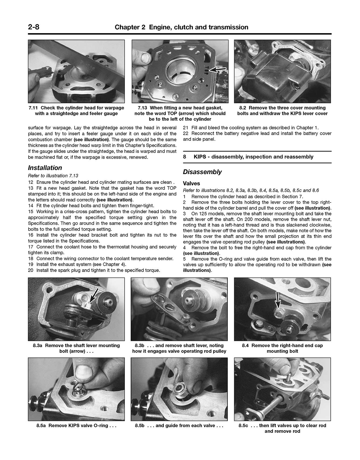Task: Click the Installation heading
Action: (45, 168)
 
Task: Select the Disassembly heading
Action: (202, 172)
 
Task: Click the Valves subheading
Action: (191, 184)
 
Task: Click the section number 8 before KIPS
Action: (185, 157)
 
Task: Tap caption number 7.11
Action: (33, 108)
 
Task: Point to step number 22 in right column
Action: (185, 134)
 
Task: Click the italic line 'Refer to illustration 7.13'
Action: (53, 176)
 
